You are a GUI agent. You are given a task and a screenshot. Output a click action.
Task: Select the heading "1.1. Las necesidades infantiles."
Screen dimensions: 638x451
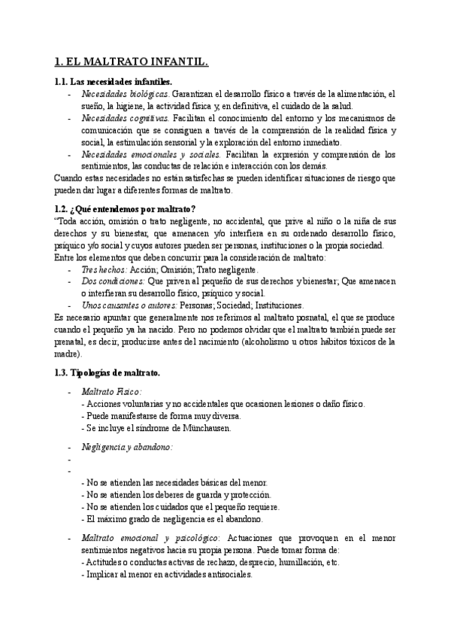tap(113, 81)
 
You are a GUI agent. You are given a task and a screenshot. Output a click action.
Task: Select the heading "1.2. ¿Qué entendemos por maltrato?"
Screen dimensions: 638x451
tap(124, 208)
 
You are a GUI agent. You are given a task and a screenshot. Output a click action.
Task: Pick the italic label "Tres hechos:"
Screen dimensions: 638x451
tap(104, 269)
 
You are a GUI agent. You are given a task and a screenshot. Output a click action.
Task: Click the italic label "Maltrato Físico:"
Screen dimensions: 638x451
tap(111, 392)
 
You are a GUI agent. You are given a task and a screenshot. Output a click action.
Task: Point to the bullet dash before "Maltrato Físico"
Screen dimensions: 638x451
tap(69, 392)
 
